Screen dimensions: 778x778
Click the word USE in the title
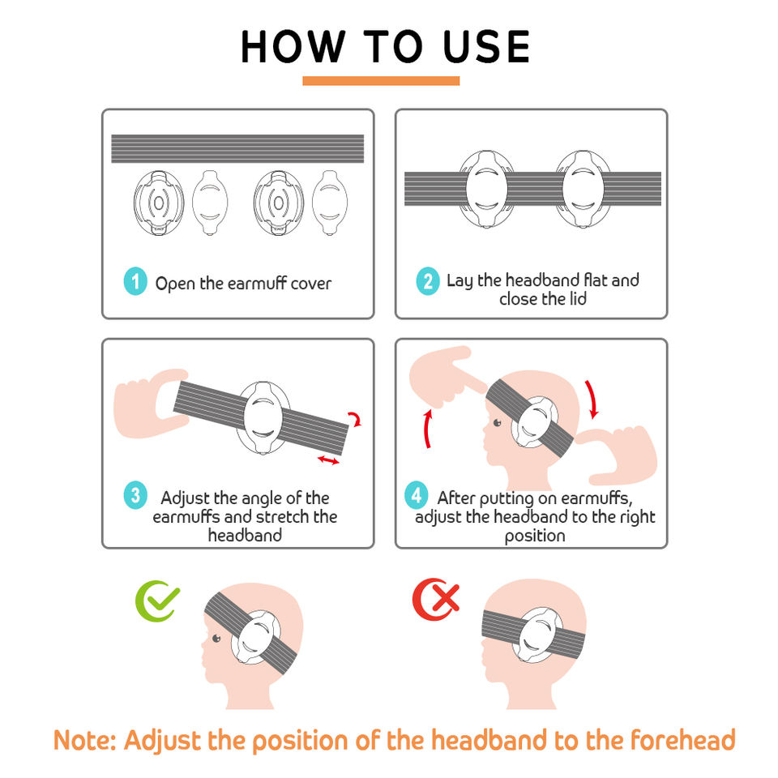pyautogui.click(x=486, y=47)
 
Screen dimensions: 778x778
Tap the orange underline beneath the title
pyautogui.click(x=381, y=81)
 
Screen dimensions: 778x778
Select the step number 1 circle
pyautogui.click(x=135, y=281)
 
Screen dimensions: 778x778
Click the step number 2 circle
pyautogui.click(x=428, y=281)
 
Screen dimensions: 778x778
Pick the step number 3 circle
pyautogui.click(x=135, y=495)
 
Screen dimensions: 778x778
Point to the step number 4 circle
pyautogui.click(x=417, y=495)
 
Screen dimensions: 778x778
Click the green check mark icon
pyautogui.click(x=157, y=601)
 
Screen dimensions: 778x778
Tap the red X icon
pyautogui.click(x=436, y=599)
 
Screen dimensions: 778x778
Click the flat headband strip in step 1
pyautogui.click(x=237, y=148)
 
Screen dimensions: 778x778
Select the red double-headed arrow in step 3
pyautogui.click(x=328, y=460)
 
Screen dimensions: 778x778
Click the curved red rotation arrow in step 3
pyautogui.click(x=356, y=418)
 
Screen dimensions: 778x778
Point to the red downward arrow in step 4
pyautogui.click(x=592, y=400)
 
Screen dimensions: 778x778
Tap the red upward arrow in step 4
pyautogui.click(x=428, y=429)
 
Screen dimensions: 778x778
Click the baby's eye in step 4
pyautogui.click(x=497, y=423)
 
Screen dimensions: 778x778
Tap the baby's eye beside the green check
pyautogui.click(x=216, y=638)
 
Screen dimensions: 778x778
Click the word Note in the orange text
pyautogui.click(x=81, y=740)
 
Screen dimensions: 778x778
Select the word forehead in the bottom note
pyautogui.click(x=682, y=740)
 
